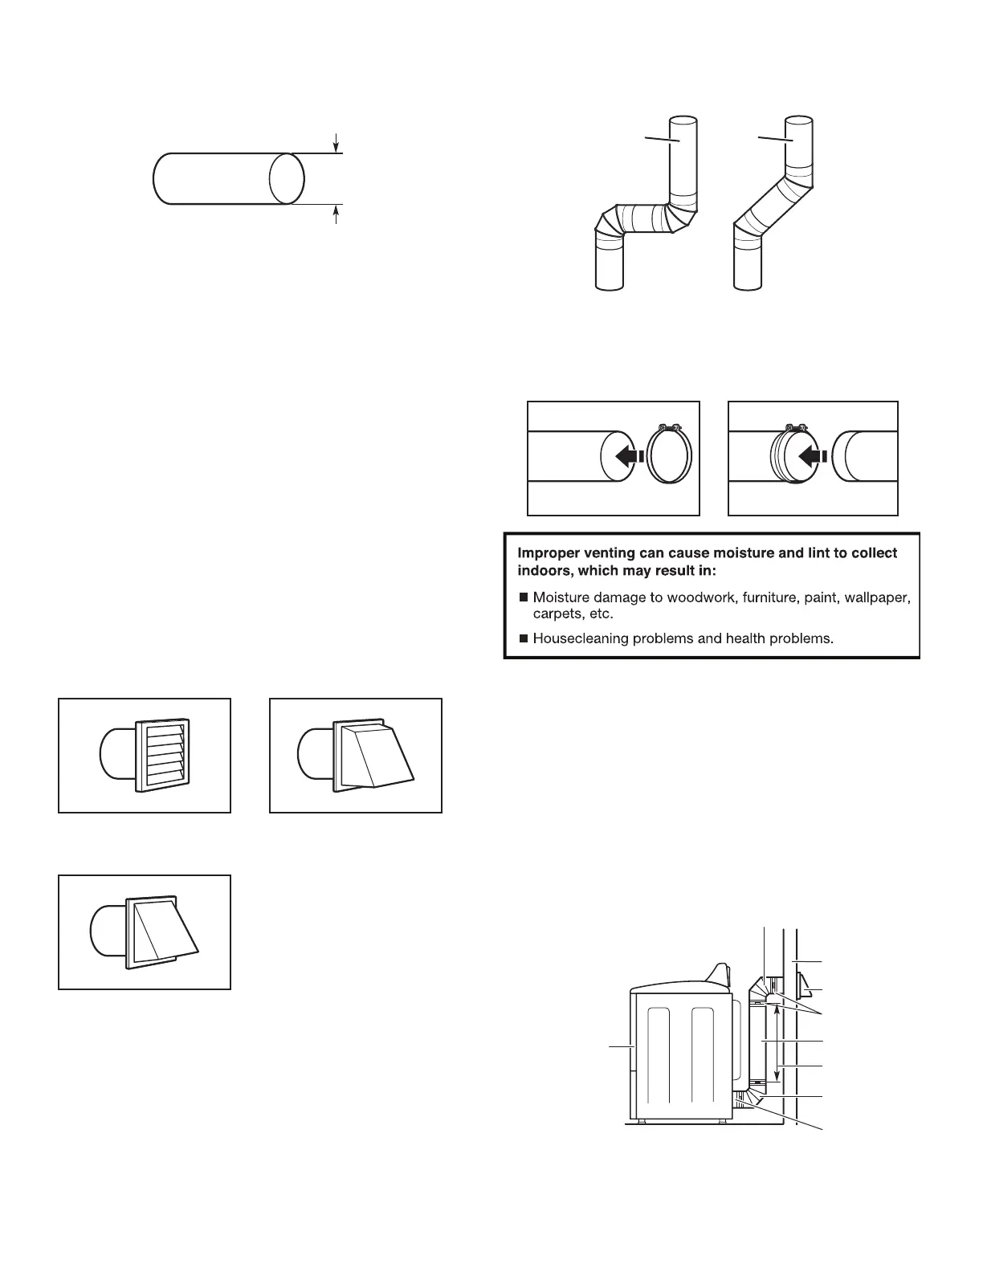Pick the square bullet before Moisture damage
click(524, 597)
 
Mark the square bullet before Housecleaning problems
click(524, 639)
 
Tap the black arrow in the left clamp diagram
click(627, 456)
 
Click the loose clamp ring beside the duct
click(669, 456)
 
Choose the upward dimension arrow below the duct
click(337, 214)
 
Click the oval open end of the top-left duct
click(286, 178)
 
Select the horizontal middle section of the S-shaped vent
click(640, 218)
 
